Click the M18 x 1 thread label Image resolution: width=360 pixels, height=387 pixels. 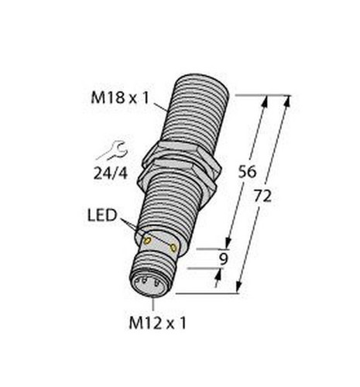[x=120, y=98]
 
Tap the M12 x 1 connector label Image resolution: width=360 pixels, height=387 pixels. [x=157, y=323]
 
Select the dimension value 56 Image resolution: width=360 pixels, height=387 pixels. [x=247, y=172]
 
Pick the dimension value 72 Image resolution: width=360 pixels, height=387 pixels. [x=262, y=196]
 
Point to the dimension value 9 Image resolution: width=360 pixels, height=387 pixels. [x=224, y=259]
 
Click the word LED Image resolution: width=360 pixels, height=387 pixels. [x=102, y=215]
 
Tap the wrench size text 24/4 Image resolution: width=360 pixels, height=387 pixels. [x=111, y=173]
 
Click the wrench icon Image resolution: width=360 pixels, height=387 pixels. [x=112, y=150]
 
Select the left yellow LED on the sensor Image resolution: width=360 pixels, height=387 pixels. [x=147, y=241]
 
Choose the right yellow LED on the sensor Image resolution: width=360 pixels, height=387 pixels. [x=173, y=248]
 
